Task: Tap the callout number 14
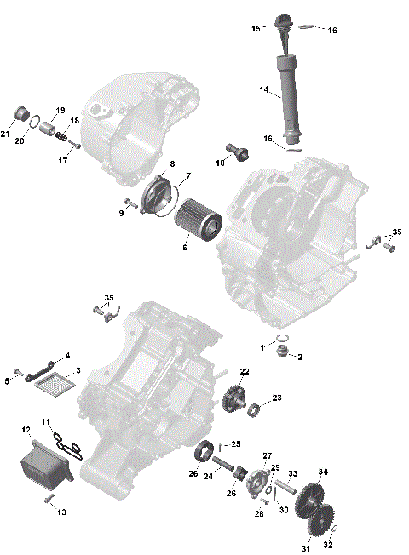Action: click(264, 89)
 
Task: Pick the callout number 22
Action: click(245, 371)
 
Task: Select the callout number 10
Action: click(219, 163)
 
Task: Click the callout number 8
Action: click(172, 163)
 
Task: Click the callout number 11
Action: click(47, 421)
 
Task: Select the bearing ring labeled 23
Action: click(254, 413)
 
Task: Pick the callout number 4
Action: click(67, 355)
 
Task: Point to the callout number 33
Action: click(292, 473)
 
